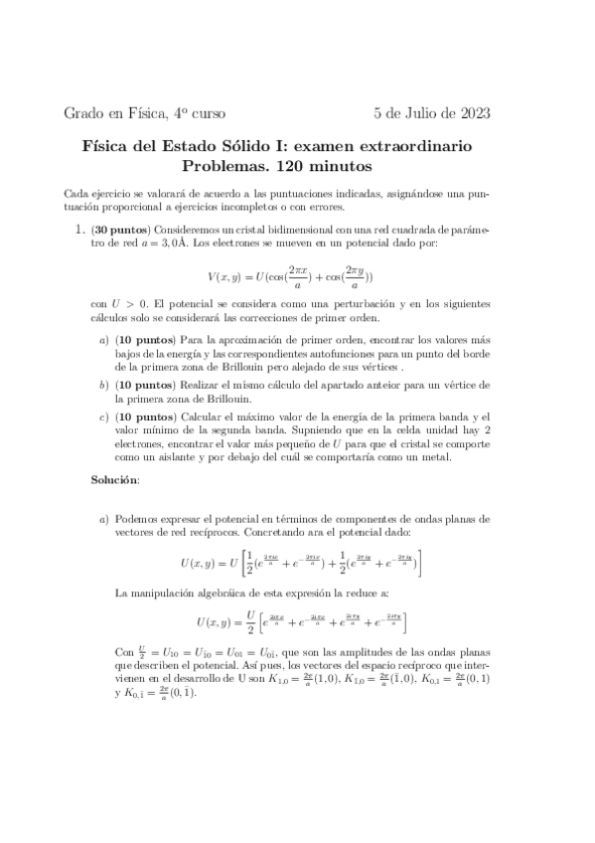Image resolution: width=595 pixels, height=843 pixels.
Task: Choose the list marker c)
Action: pyautogui.click(x=104, y=413)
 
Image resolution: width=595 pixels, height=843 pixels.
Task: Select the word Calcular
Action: pyautogui.click(x=200, y=413)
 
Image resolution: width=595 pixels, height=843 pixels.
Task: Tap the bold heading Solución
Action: pyautogui.click(x=115, y=480)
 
